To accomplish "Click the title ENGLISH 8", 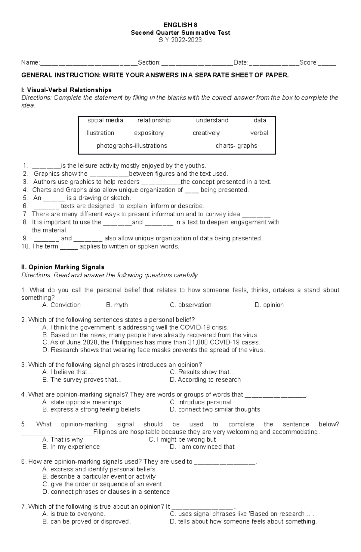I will (180, 25).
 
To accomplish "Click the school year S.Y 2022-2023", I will (180, 40).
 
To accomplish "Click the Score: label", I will (308, 63).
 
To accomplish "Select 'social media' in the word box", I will (105, 120).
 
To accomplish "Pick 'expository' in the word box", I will (149, 133).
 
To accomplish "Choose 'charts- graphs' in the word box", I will (236, 146).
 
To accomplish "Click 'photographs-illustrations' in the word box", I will (132, 146).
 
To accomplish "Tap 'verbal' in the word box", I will (259, 133).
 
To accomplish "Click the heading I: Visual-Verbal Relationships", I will (66, 90).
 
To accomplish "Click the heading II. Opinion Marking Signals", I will (63, 267).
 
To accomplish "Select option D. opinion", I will (269, 305).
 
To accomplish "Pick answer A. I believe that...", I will (67, 372).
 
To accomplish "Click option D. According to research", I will (205, 380).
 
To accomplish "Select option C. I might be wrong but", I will (182, 439).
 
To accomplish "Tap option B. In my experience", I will (71, 447).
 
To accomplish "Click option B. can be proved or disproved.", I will (87, 522).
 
